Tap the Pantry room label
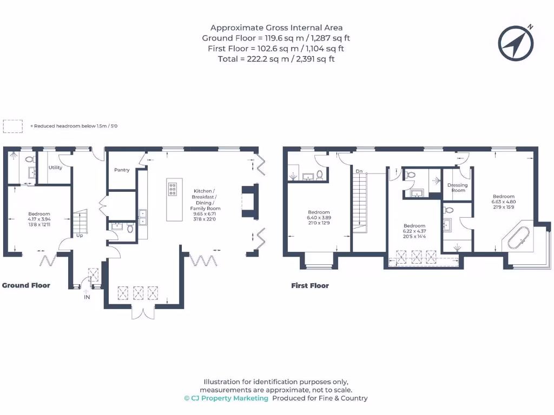click(122, 170)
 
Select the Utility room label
click(55, 168)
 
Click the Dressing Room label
click(458, 188)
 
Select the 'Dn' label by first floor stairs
click(359, 171)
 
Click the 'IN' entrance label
click(87, 297)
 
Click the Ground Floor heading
click(27, 285)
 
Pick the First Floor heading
click(310, 285)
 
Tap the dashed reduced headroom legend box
click(13, 126)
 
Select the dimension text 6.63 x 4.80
click(503, 202)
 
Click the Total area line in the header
click(276, 59)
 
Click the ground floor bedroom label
click(39, 214)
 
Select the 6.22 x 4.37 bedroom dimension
click(414, 231)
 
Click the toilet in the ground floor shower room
click(29, 159)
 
